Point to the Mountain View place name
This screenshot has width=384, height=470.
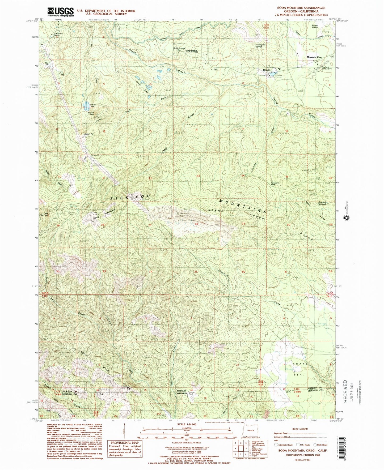pos(314,57)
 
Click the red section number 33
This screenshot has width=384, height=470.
pos(104,271)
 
